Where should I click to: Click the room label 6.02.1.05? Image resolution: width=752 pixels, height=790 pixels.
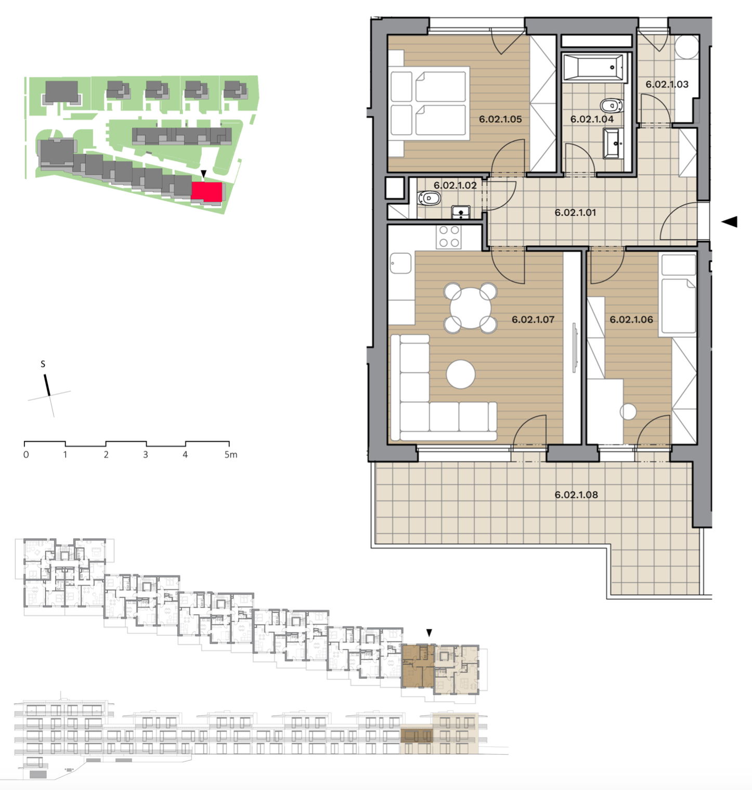[x=500, y=119]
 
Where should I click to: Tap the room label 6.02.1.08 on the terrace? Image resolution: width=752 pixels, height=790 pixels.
[x=576, y=495]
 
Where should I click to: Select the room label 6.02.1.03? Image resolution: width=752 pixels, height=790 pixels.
[x=667, y=84]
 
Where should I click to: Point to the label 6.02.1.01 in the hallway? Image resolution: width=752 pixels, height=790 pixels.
[x=575, y=213]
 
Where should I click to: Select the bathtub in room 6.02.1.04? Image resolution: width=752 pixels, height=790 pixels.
[x=594, y=67]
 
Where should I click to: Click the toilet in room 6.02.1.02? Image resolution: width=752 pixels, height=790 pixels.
[x=429, y=198]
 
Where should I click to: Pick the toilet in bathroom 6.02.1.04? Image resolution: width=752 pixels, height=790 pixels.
[x=612, y=106]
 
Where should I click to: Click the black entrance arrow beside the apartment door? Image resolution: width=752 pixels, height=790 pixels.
[x=730, y=221]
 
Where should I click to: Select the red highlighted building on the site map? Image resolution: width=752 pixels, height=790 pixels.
[x=207, y=191]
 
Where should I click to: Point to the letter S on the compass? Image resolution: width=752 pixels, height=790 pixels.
[x=43, y=364]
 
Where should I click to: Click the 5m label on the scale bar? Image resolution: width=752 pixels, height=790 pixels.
[x=231, y=454]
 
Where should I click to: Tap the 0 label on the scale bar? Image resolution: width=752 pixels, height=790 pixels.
[x=26, y=455]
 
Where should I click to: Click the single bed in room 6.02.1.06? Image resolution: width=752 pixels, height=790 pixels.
[x=678, y=293]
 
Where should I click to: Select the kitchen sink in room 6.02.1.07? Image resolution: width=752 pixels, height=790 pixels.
[x=400, y=263]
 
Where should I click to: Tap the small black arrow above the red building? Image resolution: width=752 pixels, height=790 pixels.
[x=204, y=174]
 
